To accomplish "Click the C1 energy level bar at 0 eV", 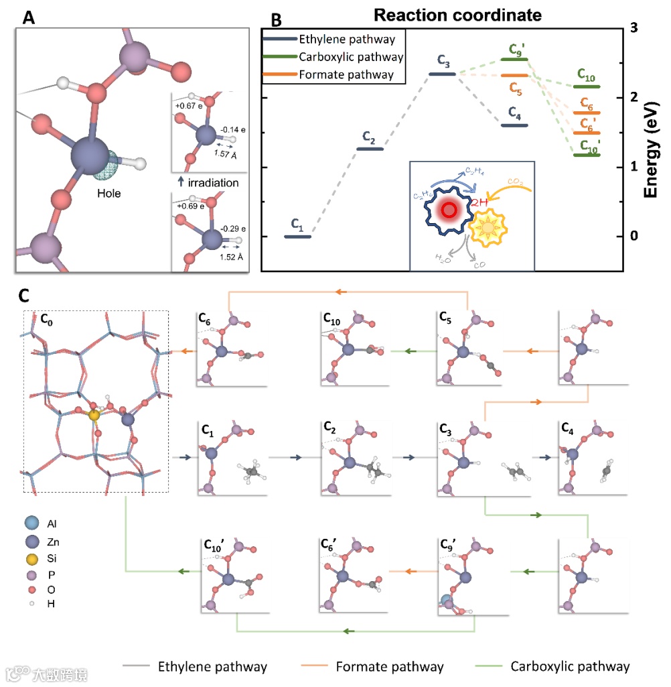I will pos(298,237).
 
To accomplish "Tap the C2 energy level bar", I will pos(370,148).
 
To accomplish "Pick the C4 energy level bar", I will pos(514,125).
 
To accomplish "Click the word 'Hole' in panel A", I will pos(108,194).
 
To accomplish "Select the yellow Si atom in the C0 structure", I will pos(94,416).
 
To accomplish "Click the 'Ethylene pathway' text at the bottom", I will pos(212,666).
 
